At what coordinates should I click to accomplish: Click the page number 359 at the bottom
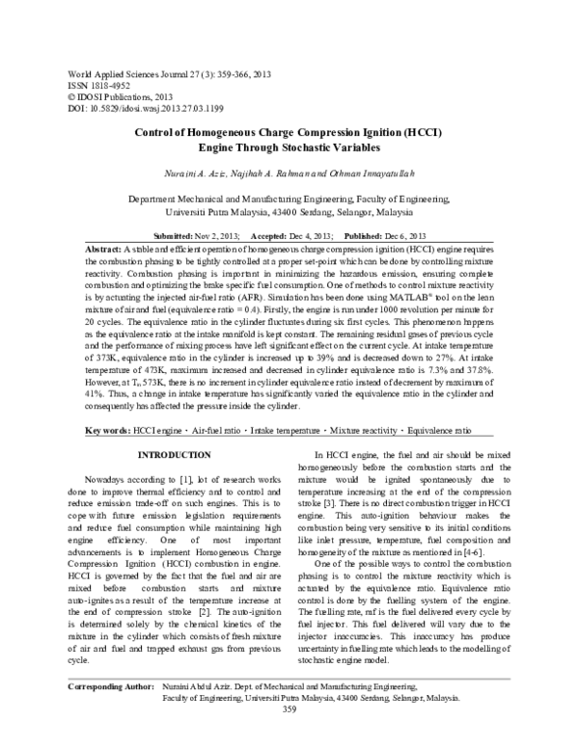click(289, 737)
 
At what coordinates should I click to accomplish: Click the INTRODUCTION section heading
click(174, 454)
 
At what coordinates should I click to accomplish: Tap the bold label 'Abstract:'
click(105, 248)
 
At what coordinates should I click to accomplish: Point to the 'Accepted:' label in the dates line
click(270, 236)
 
